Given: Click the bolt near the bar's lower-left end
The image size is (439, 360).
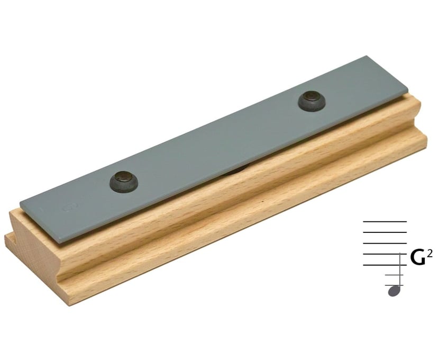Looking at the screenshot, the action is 124,181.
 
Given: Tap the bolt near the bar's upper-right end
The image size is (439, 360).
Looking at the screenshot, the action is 312,102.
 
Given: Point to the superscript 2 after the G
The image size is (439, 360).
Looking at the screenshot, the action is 431,254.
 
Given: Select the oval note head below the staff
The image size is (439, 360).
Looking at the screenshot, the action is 394,291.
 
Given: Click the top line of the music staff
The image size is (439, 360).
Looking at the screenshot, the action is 385,222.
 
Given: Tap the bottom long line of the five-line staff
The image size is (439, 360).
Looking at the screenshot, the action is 385,265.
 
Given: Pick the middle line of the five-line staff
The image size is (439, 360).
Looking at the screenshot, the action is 385,243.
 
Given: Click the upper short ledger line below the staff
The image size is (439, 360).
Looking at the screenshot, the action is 394,275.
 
